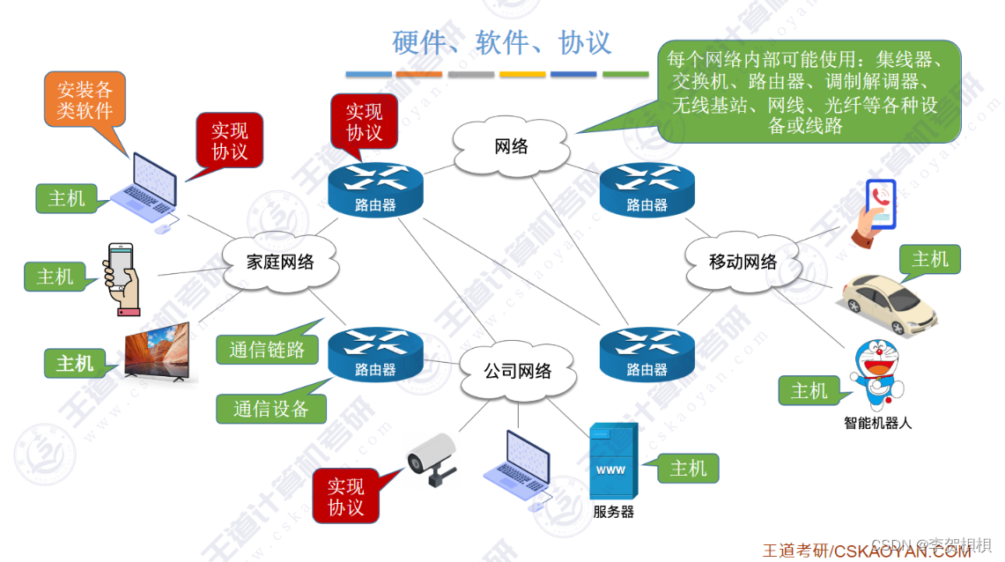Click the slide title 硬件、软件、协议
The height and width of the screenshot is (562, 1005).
pos(501,42)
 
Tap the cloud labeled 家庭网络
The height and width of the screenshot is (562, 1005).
pos(280,263)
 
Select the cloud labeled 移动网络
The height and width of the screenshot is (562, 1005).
pos(743,262)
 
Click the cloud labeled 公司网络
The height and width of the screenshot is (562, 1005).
pos(517,371)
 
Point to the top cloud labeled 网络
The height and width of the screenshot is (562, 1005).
pos(510,146)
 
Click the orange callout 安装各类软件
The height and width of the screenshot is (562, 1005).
pos(85,100)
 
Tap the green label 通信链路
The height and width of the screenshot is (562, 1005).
pos(267,350)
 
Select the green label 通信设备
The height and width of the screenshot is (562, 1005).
pos(270,409)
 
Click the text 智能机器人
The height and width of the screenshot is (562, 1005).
pos(877,424)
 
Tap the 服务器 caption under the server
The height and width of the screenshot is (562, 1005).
pos(613,512)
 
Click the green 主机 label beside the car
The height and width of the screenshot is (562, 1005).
pos(929,259)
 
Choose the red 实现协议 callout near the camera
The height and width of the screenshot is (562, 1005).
pos(345,497)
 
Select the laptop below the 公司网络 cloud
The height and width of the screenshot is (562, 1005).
pos(519,469)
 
